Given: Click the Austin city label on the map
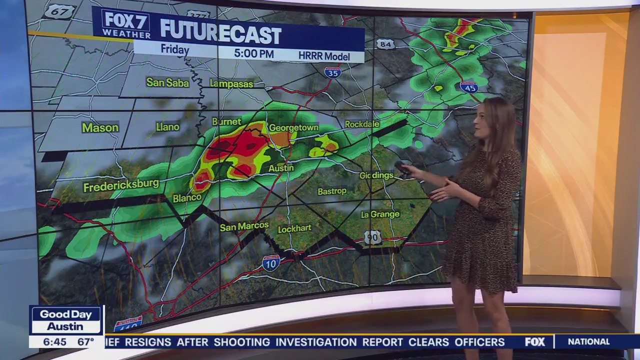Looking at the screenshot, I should click(281, 168).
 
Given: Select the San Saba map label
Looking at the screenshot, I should click(167, 82).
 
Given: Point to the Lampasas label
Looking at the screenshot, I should click(231, 83).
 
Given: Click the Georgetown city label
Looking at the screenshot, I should click(293, 127).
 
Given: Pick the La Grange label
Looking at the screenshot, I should click(380, 214).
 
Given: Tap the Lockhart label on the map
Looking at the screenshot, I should click(294, 228).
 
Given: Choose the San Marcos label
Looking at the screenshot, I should click(244, 226).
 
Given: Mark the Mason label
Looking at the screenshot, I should click(100, 127).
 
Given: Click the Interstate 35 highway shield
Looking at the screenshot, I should click(332, 72).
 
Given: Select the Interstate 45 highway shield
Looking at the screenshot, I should click(468, 86).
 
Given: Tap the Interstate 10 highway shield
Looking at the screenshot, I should click(270, 263).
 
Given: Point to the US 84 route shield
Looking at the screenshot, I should click(385, 44).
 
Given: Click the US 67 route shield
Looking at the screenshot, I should click(59, 11).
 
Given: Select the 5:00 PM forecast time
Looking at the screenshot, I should click(253, 53).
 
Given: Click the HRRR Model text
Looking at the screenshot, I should click(324, 56).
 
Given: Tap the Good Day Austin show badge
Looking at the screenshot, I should click(66, 320).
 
